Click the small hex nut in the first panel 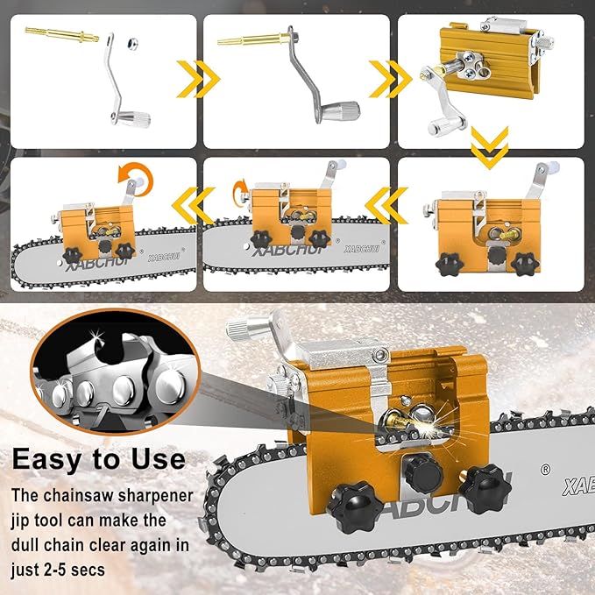pos(131,42)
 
